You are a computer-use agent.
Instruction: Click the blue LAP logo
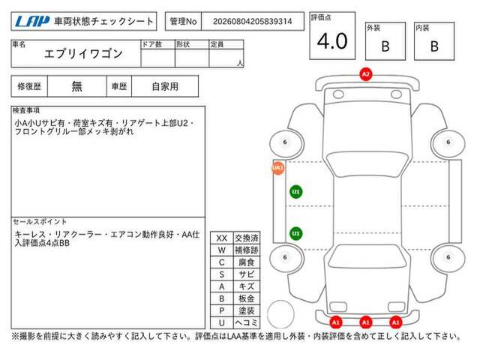click(32, 21)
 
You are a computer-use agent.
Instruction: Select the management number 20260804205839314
click(252, 22)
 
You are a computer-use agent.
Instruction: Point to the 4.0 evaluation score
click(332, 41)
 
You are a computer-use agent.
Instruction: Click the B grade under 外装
click(385, 46)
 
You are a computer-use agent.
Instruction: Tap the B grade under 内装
click(434, 46)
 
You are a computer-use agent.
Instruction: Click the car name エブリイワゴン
click(83, 54)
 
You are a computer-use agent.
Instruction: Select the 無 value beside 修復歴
click(76, 87)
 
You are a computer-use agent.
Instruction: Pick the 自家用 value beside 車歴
click(165, 87)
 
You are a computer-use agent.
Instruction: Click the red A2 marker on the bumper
click(366, 74)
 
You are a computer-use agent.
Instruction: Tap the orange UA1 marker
click(278, 168)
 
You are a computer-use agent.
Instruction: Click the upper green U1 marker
click(295, 192)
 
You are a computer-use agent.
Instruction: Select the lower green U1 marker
click(295, 233)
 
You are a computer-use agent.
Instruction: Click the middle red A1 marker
click(365, 322)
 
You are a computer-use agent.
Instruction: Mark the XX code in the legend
click(222, 238)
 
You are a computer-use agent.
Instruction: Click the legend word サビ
click(247, 274)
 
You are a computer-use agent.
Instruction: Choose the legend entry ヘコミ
click(247, 322)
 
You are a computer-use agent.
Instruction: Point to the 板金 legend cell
click(247, 298)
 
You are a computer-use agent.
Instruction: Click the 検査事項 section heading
click(26, 110)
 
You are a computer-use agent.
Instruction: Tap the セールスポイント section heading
click(40, 221)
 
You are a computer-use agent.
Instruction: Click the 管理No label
click(183, 22)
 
